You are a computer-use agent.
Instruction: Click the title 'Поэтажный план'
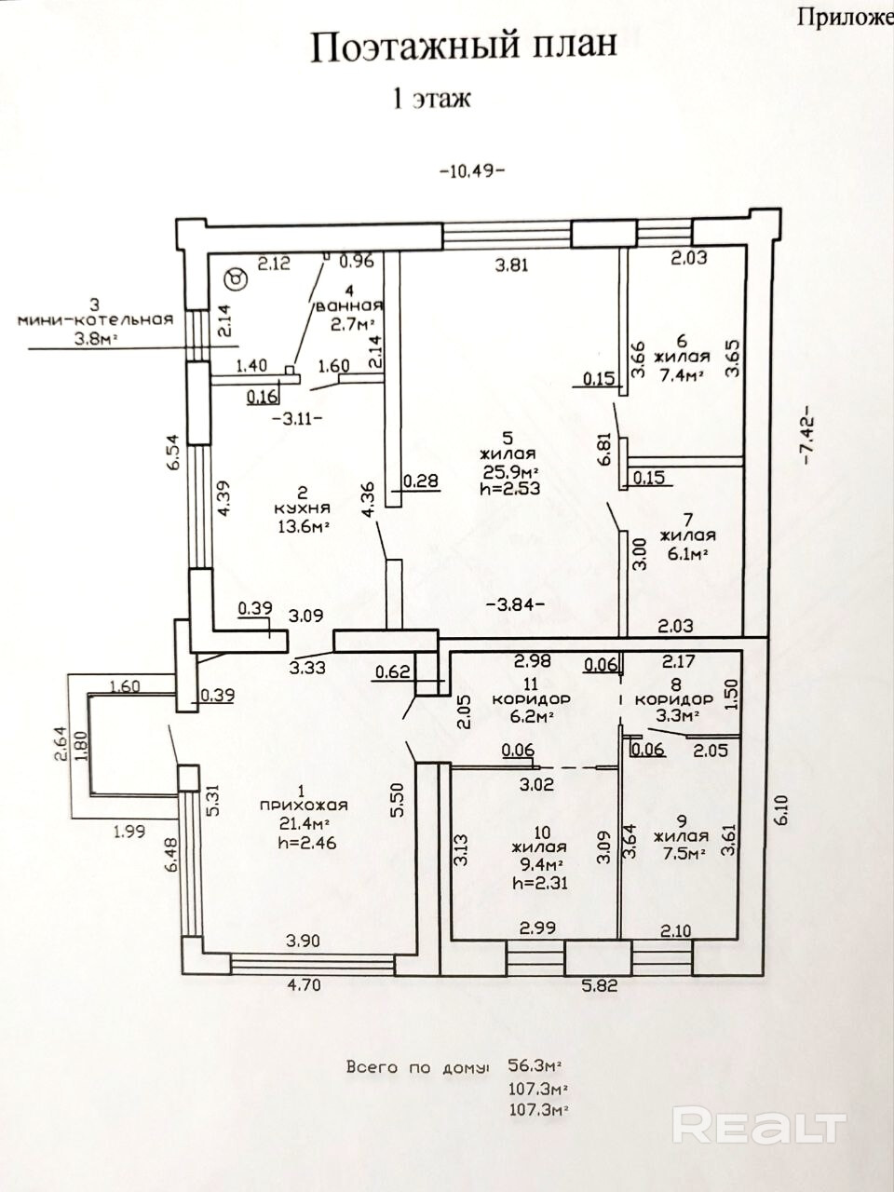click(x=464, y=47)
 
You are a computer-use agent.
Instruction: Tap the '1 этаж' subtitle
click(x=432, y=99)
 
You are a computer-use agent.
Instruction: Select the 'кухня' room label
click(x=303, y=508)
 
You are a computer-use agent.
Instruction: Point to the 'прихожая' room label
click(x=304, y=806)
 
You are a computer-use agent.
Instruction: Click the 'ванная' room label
click(x=349, y=305)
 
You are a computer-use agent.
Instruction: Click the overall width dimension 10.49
click(x=472, y=171)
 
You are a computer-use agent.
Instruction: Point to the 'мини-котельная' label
click(x=96, y=320)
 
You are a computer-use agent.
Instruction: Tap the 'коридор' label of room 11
click(x=532, y=700)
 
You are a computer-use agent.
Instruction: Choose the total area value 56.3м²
click(x=535, y=1050)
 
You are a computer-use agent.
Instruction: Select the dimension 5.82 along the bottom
click(x=599, y=985)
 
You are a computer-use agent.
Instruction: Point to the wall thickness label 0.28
click(x=421, y=481)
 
